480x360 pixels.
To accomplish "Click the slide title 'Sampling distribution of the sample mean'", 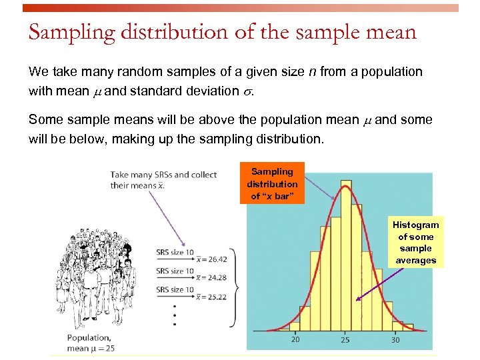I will (x=222, y=33).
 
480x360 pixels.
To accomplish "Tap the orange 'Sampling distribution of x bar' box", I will (x=272, y=183).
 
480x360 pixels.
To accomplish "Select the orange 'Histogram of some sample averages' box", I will (x=415, y=243).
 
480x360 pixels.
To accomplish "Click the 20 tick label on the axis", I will (x=295, y=340).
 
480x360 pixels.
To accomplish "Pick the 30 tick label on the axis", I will (x=396, y=340).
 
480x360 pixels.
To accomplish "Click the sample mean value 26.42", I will (x=217, y=259).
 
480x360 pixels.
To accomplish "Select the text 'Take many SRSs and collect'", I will (x=163, y=175).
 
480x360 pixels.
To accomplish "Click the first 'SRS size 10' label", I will (x=175, y=253).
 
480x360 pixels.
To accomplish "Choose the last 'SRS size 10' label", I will (x=175, y=290).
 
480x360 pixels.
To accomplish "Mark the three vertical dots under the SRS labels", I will (x=175, y=315).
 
